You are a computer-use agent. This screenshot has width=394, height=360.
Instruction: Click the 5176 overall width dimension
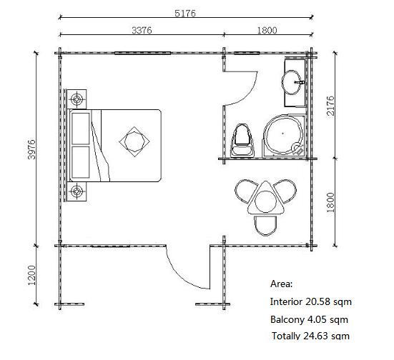point(185,13)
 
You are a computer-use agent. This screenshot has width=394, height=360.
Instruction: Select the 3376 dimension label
point(142,31)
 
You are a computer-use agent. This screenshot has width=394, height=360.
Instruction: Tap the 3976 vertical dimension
point(32,149)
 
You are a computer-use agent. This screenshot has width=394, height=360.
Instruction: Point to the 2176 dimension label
point(330,106)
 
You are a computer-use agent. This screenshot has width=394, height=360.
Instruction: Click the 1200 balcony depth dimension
point(32,275)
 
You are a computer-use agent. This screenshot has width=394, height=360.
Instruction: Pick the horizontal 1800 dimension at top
point(267,31)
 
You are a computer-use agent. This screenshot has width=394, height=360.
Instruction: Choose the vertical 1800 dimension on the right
point(330,202)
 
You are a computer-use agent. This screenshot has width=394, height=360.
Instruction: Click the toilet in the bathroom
point(242,141)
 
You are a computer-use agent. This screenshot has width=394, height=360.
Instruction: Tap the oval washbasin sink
point(292,82)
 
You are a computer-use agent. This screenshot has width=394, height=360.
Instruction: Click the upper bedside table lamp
point(77,99)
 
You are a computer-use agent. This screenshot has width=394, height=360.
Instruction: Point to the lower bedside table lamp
point(77,191)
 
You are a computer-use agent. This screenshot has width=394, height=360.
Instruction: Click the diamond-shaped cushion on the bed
point(134,141)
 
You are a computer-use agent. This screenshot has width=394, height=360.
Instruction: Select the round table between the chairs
point(265,201)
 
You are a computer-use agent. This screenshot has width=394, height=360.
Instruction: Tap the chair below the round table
point(265,226)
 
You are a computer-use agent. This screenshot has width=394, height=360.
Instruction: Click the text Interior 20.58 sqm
point(310,301)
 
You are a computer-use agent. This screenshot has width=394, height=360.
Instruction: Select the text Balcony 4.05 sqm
point(309,319)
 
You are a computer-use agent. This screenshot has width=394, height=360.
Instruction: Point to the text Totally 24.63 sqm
point(310,336)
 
